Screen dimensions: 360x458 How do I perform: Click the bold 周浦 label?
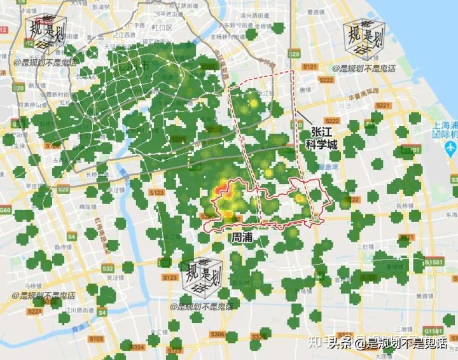tap(244, 237)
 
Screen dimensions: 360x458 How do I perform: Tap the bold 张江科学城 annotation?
tap(323, 138)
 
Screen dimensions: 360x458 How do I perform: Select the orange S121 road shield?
tap(310, 67)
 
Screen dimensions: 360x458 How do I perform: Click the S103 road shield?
tap(96, 339)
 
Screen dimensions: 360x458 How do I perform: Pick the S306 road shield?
tap(218, 335)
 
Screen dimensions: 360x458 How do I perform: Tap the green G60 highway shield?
tap(6, 209)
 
